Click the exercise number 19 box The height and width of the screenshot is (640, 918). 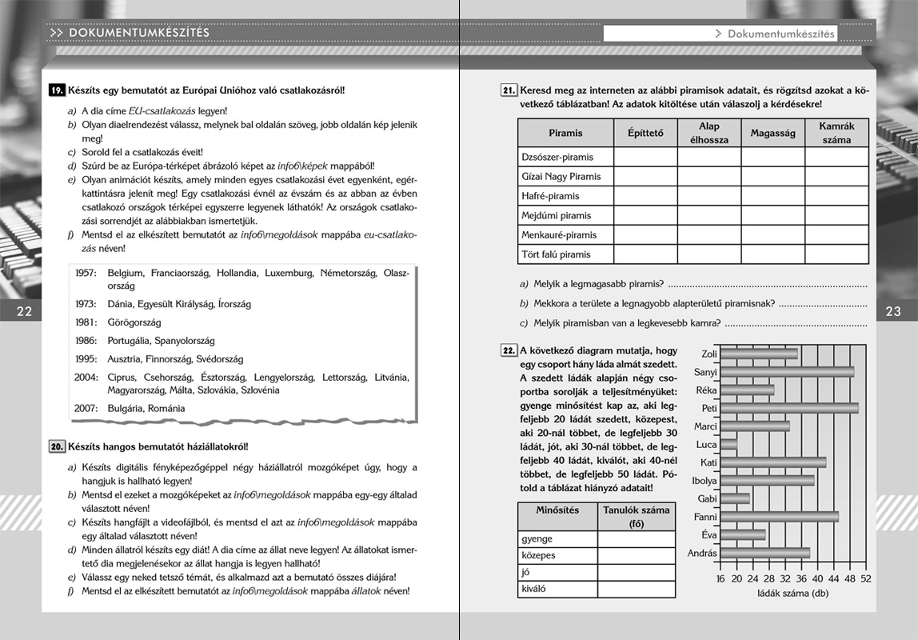coord(57,91)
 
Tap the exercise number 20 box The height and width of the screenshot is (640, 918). coord(57,446)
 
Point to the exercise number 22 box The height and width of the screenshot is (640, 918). coord(509,350)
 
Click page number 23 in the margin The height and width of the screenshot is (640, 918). coord(893,311)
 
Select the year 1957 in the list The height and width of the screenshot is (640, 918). coord(86,274)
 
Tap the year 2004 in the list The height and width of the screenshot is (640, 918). coord(86,378)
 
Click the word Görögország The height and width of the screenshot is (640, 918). coord(134,322)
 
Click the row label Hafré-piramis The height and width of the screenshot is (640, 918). coord(551,196)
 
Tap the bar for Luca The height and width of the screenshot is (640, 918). coord(728,444)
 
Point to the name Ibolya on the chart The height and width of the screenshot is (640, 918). coord(704,481)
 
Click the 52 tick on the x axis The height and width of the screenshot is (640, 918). coord(865,578)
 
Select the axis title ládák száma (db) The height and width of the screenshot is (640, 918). coord(792,594)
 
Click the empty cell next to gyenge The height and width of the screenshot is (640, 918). coord(637,538)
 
